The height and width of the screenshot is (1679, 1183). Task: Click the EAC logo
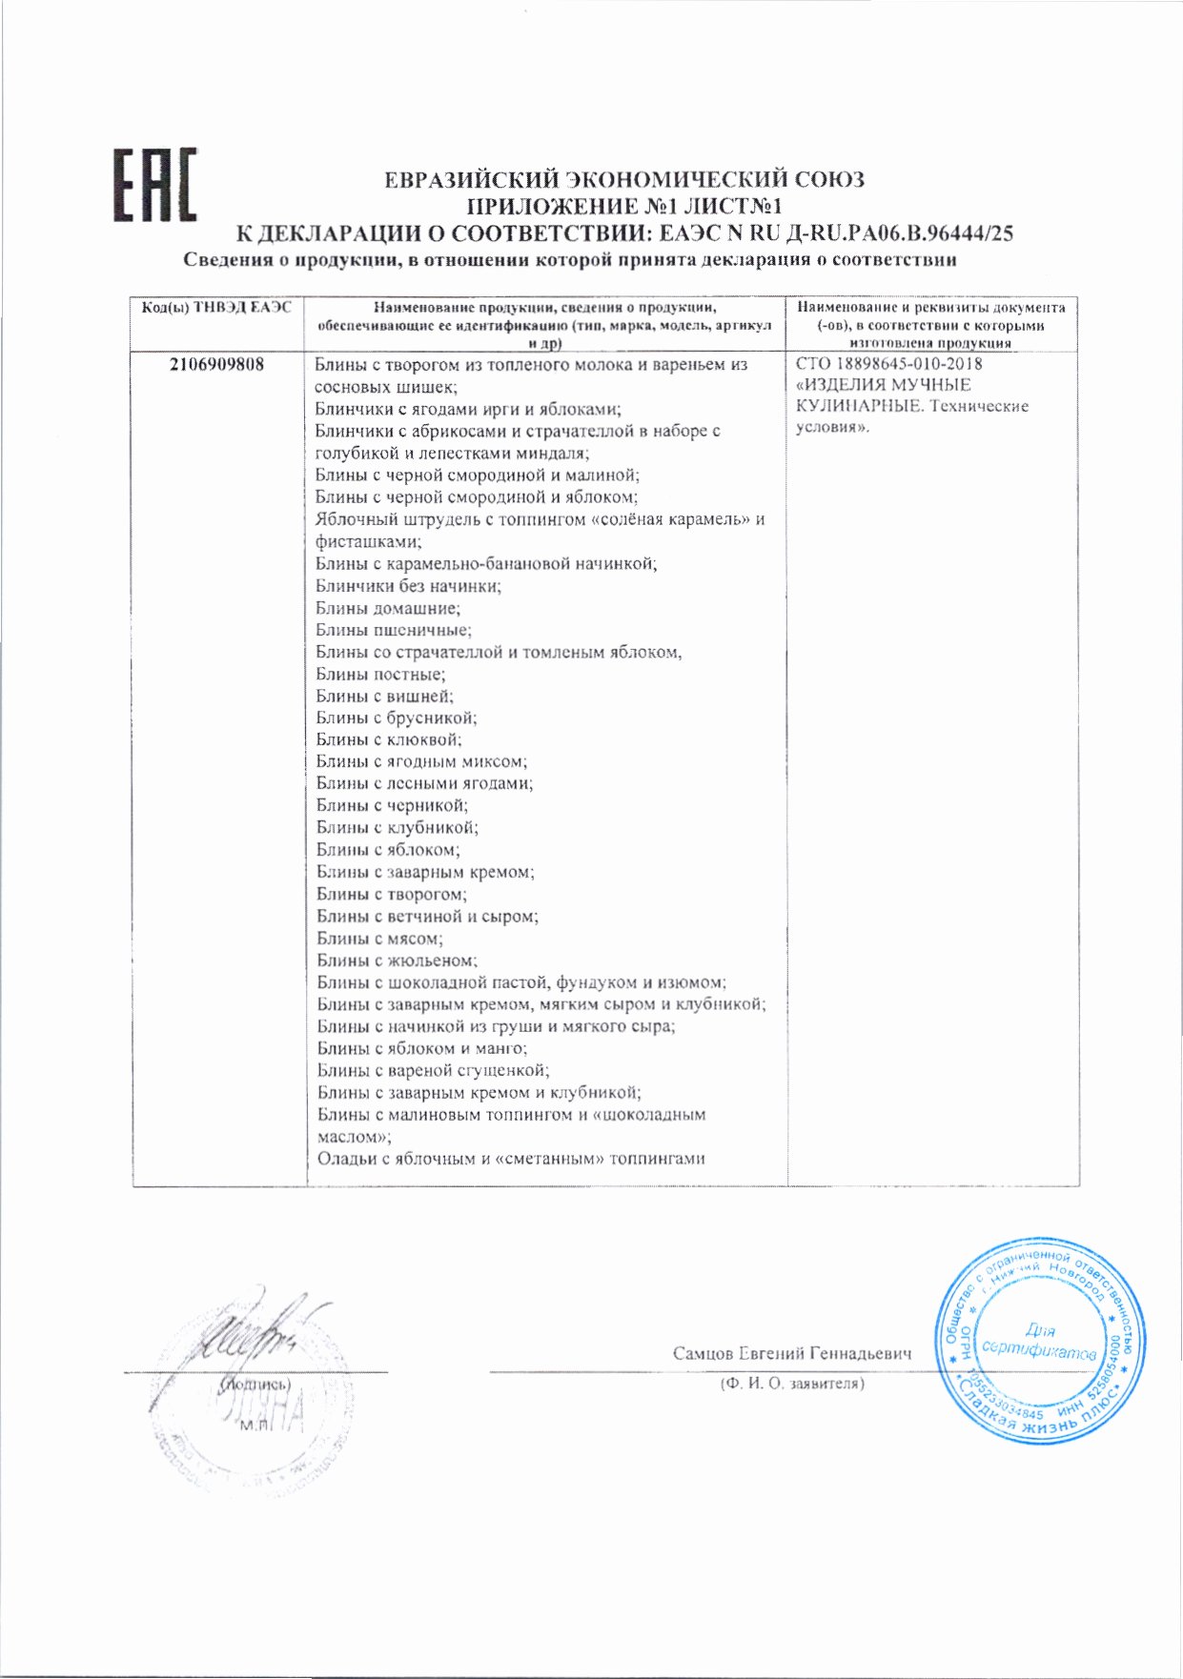(x=155, y=185)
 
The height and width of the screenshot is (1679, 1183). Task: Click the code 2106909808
(x=216, y=365)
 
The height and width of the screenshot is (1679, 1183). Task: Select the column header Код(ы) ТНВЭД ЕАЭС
(x=216, y=308)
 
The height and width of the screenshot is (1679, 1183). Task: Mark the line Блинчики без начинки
(x=408, y=587)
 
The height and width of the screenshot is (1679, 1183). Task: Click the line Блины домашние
(x=388, y=609)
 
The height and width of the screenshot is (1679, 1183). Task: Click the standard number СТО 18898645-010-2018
(x=888, y=364)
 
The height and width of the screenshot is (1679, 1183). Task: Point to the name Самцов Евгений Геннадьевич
(x=791, y=1354)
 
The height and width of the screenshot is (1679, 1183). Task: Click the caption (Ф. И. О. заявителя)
(x=791, y=1384)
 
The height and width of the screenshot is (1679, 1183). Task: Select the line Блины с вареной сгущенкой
(x=433, y=1070)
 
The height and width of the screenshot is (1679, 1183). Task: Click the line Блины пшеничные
(x=394, y=631)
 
